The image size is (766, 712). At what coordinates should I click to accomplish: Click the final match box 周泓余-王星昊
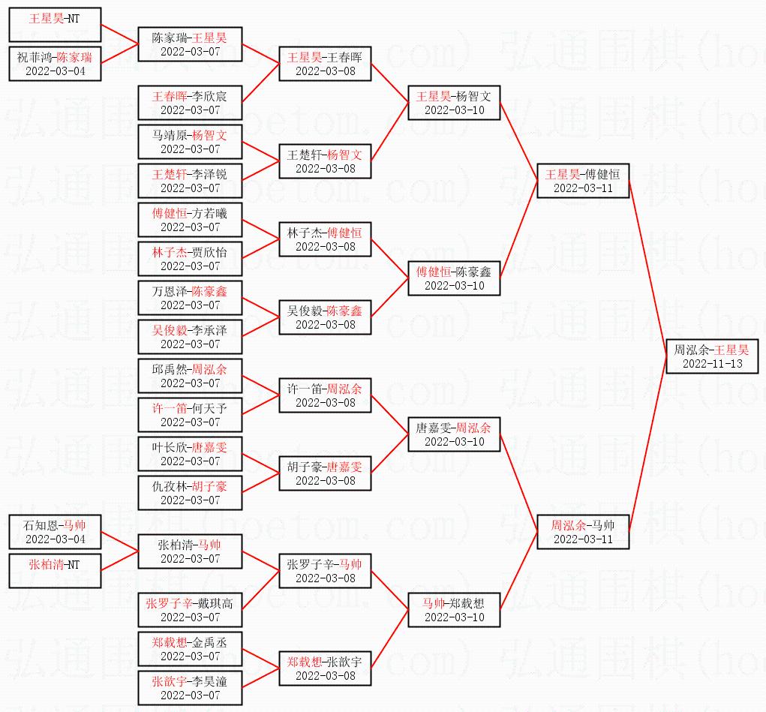(x=711, y=356)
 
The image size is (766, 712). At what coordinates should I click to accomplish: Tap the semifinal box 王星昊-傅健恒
(x=583, y=181)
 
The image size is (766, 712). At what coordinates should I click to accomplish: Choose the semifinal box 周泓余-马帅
(x=583, y=532)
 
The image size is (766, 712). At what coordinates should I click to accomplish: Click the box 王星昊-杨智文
(x=454, y=103)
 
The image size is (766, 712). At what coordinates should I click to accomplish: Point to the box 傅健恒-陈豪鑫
(x=454, y=278)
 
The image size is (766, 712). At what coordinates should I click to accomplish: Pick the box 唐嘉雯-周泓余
(x=454, y=434)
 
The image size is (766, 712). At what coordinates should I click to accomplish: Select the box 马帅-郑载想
(x=454, y=610)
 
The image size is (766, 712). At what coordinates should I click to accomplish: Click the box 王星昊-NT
(x=55, y=25)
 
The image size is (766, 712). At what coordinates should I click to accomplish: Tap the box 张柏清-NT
(x=55, y=571)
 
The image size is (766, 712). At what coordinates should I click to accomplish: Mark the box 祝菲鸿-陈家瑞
(x=55, y=64)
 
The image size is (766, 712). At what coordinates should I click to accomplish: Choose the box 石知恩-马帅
(x=55, y=532)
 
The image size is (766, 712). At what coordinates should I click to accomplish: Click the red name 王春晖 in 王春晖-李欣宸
(x=170, y=96)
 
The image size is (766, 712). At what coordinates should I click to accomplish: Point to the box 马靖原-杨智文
(x=190, y=142)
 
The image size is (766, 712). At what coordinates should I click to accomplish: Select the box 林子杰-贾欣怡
(x=190, y=259)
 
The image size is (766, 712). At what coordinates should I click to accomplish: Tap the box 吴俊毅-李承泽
(x=190, y=337)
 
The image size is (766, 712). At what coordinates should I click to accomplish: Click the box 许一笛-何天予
(x=190, y=415)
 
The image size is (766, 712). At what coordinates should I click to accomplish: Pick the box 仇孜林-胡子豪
(x=190, y=493)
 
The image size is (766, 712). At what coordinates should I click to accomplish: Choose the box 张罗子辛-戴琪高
(x=190, y=610)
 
